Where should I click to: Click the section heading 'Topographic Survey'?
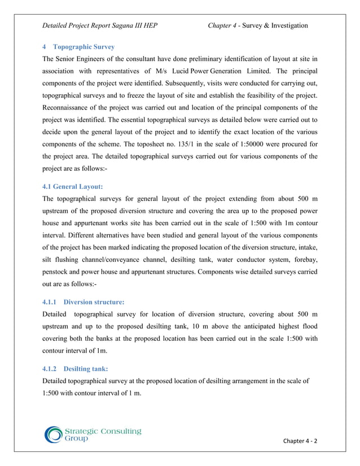pos(83,47)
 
